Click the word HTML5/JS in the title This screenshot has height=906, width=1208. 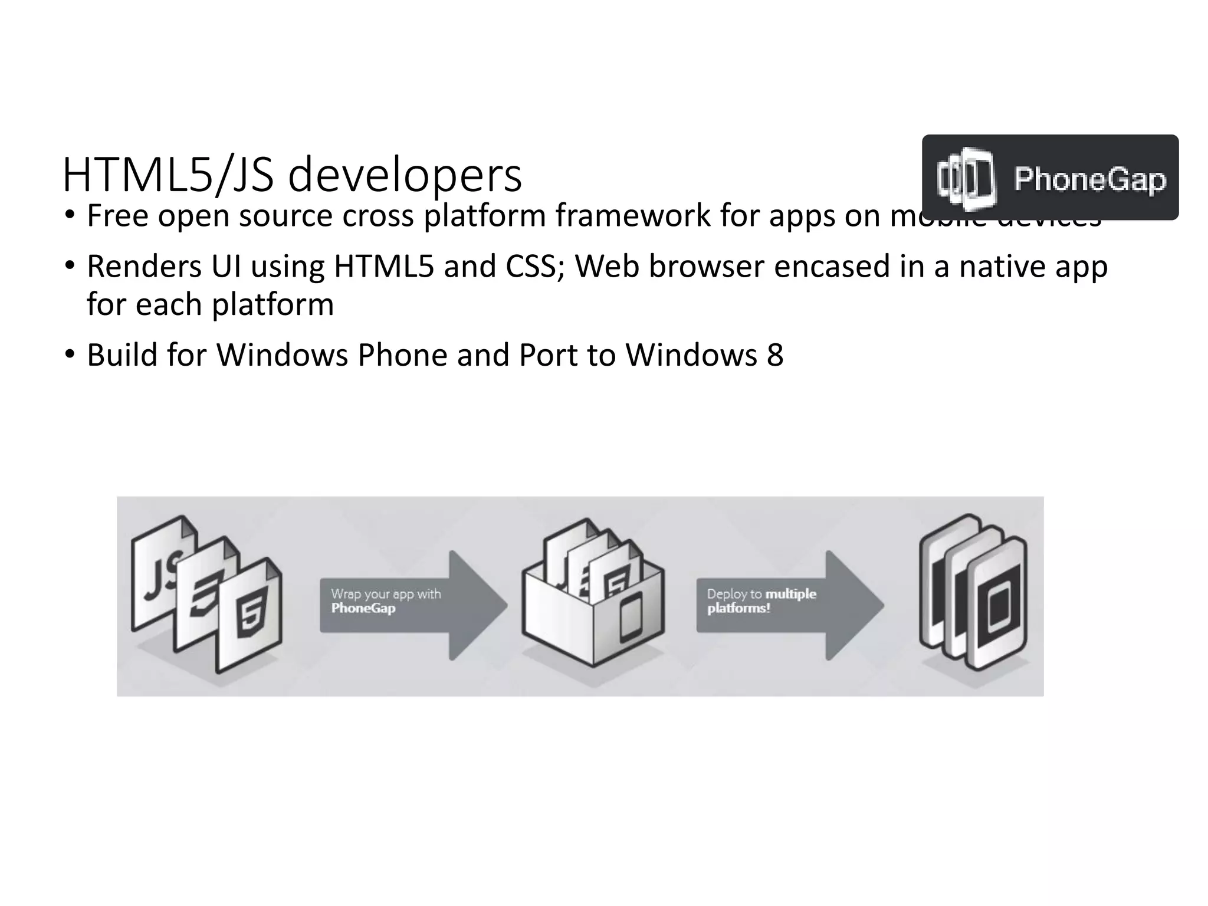point(168,176)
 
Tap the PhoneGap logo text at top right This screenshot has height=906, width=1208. point(1089,179)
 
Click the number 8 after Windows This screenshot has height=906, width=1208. point(775,355)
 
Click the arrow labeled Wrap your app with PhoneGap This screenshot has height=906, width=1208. point(413,605)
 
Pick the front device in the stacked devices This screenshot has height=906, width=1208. point(998,608)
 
